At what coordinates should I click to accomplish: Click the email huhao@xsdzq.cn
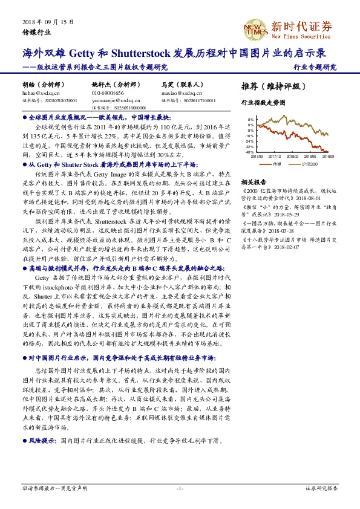[38, 93]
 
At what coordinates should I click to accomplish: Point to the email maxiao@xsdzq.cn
[178, 93]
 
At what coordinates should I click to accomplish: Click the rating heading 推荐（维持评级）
[270, 86]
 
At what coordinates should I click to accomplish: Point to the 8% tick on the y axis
[251, 120]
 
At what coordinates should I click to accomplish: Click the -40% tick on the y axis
[250, 152]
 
